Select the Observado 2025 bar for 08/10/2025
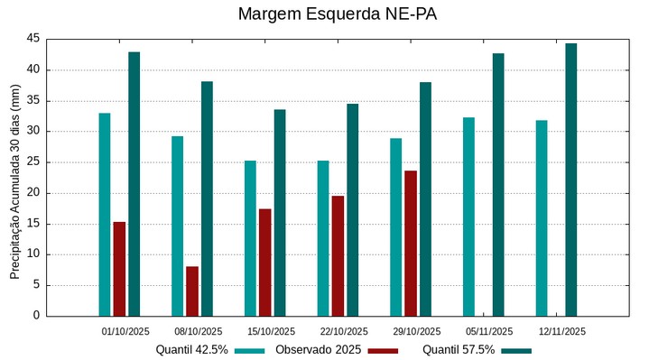[x=192, y=291]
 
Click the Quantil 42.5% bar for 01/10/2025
[x=105, y=214]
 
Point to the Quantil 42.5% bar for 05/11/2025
[x=468, y=217]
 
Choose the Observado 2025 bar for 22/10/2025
[x=338, y=255]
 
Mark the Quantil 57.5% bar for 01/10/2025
[x=134, y=183]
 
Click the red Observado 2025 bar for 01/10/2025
[x=119, y=268]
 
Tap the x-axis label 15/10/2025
[x=271, y=331]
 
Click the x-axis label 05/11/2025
[x=489, y=331]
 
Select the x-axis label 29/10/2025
[x=416, y=331]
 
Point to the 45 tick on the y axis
[x=33, y=39]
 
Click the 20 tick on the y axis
[x=33, y=193]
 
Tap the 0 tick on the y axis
[x=37, y=316]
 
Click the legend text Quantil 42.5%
[x=191, y=350]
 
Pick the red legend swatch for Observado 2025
[x=383, y=350]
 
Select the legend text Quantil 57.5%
[x=459, y=350]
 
